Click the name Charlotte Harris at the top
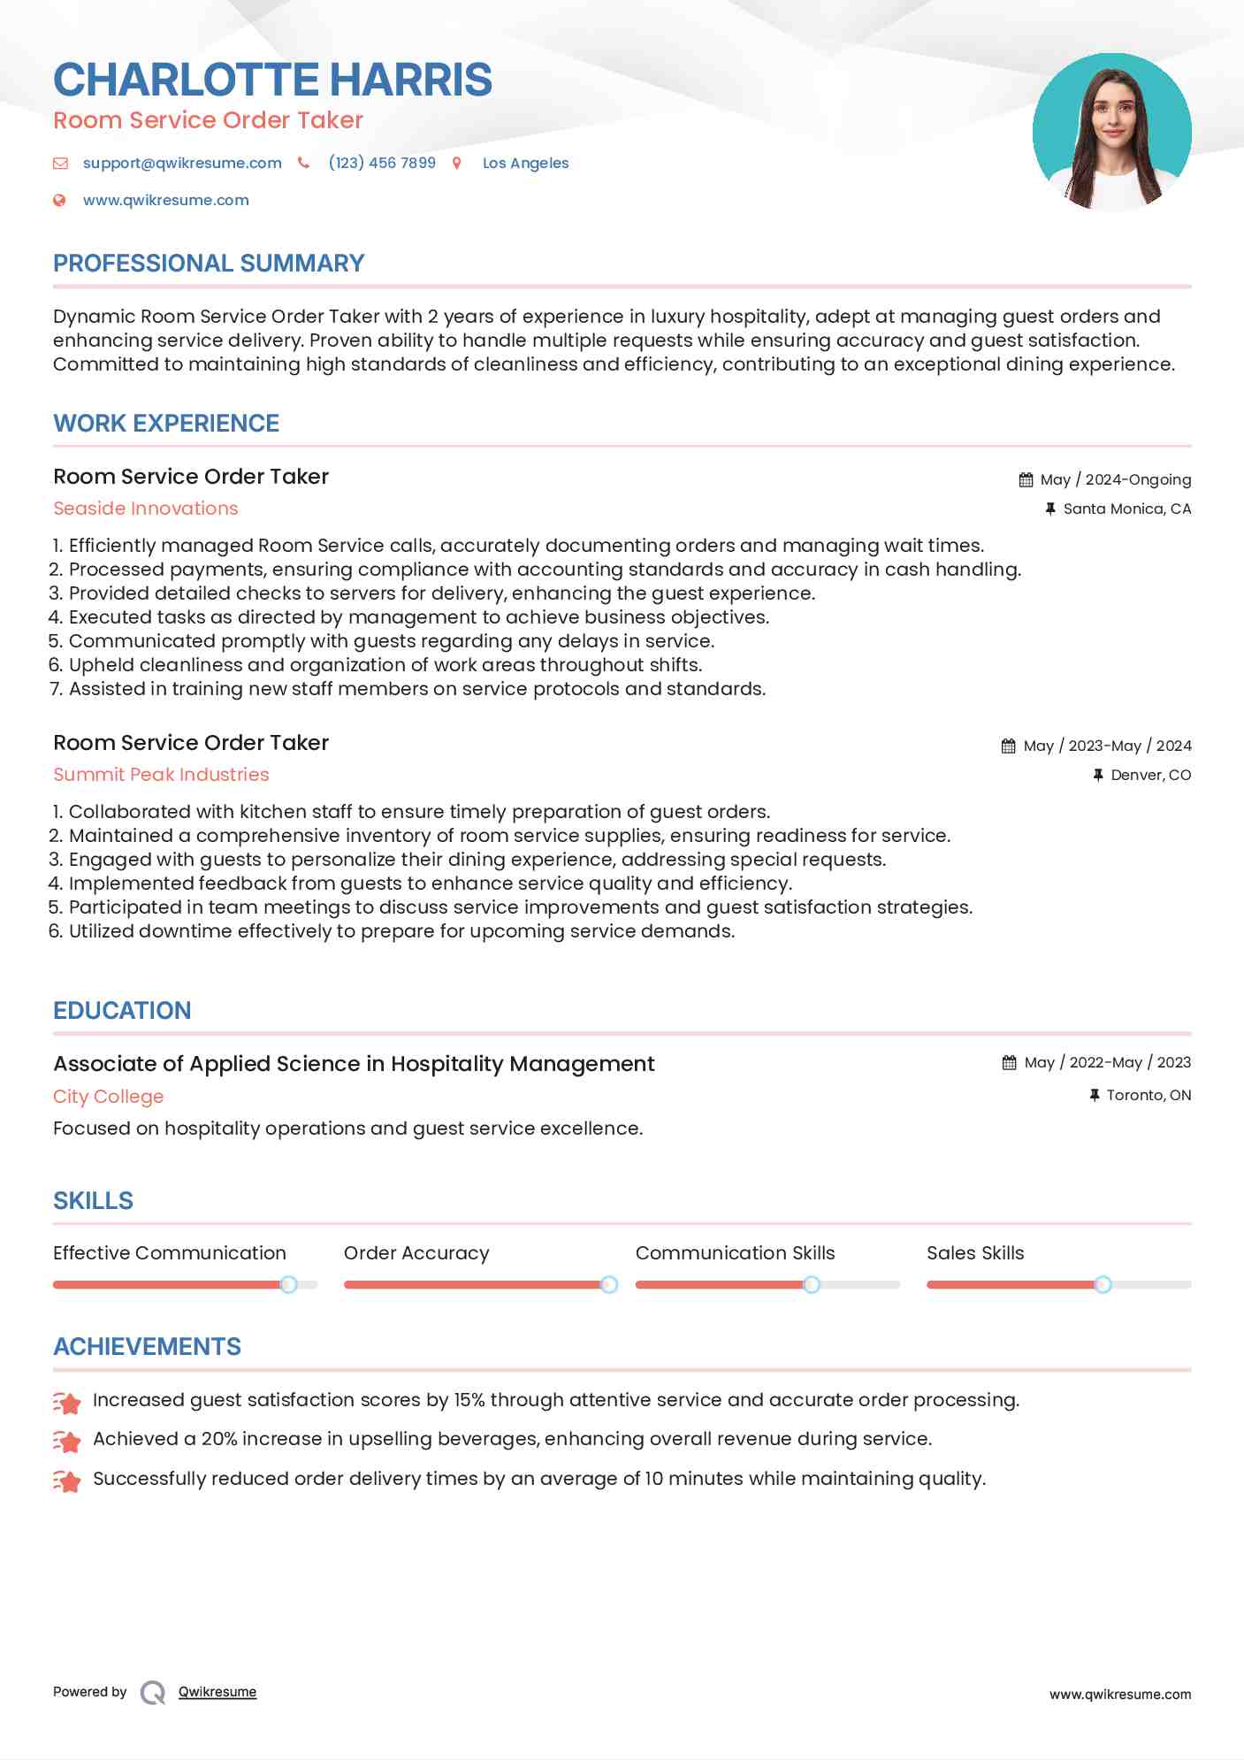click(272, 80)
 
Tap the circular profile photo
click(1111, 132)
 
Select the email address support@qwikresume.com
click(182, 163)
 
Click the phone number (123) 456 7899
click(382, 163)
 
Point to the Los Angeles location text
click(525, 163)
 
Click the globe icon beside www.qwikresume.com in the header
click(59, 200)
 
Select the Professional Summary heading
click(209, 263)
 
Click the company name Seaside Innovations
click(146, 509)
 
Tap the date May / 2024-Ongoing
click(1115, 479)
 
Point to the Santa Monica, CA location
click(1126, 509)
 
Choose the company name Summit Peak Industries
click(161, 775)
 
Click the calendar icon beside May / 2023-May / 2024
click(1008, 746)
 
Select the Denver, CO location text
click(1150, 775)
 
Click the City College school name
click(109, 1097)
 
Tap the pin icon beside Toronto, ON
click(1095, 1095)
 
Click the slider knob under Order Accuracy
click(609, 1284)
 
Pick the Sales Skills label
click(975, 1252)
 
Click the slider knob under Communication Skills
click(811, 1284)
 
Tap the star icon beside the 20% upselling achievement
click(67, 1441)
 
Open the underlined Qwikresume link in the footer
click(218, 1692)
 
